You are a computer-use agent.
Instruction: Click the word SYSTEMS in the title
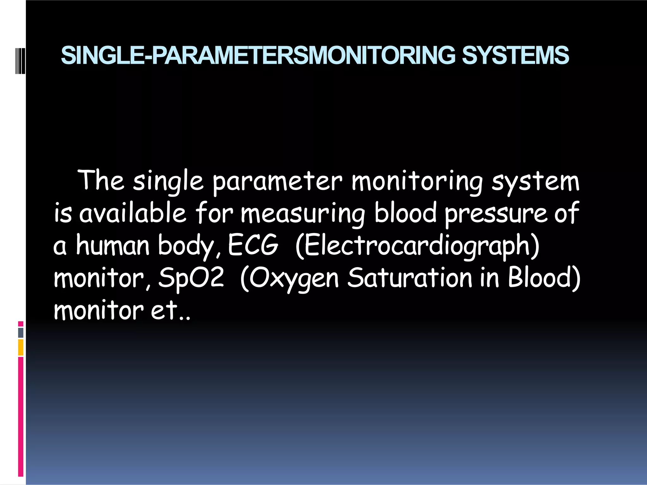tap(515, 55)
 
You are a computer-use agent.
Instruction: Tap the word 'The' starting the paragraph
tap(101, 181)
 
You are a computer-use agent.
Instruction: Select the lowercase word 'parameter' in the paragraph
tap(277, 182)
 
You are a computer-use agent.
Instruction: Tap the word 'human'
tap(112, 245)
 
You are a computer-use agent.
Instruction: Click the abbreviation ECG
tap(253, 245)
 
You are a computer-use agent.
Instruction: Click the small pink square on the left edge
tap(21, 324)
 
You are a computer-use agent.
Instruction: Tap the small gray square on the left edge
tap(21, 333)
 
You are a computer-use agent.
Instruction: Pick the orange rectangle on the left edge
tap(21, 347)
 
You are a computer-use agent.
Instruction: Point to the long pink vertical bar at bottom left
tap(21, 417)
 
